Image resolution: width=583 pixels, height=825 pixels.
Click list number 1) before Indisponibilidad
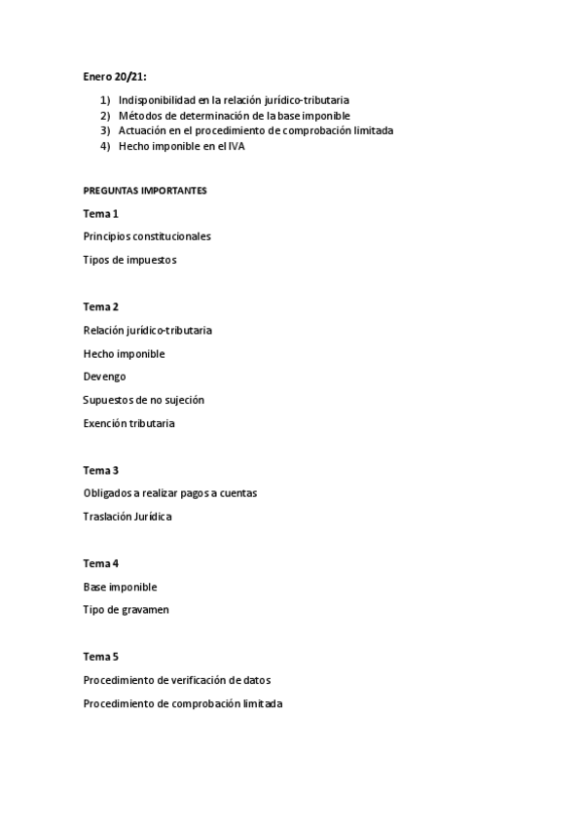[105, 99]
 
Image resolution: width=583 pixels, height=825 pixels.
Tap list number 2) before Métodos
[105, 115]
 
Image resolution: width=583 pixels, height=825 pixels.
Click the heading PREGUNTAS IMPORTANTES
[145, 191]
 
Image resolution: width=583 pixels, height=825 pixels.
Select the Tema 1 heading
[101, 213]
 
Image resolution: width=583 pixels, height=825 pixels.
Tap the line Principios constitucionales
[147, 236]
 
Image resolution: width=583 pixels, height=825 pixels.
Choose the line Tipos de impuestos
[129, 260]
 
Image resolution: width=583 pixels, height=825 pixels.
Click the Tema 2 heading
[101, 306]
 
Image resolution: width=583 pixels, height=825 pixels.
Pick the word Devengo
[104, 377]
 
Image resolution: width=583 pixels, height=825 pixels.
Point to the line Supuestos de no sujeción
[143, 400]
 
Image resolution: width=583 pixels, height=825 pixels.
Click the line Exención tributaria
[129, 423]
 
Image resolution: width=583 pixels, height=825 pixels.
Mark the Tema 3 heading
[101, 470]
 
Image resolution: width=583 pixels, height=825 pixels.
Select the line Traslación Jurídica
[128, 517]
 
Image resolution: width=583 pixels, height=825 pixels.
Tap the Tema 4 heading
[101, 563]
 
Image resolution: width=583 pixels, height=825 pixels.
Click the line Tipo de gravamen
[128, 610]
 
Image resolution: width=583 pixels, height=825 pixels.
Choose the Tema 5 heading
[101, 657]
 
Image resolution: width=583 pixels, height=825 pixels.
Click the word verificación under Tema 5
[200, 680]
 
